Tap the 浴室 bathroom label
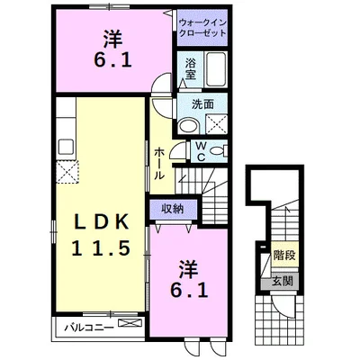tap(191, 68)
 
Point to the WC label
tap(201, 153)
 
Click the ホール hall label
tap(158, 162)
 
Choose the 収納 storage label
tap(174, 209)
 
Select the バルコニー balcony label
tap(87, 324)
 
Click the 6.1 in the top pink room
tap(112, 60)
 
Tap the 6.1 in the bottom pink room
tap(188, 291)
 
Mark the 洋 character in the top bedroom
tap(112, 38)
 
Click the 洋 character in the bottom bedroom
tap(187, 268)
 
